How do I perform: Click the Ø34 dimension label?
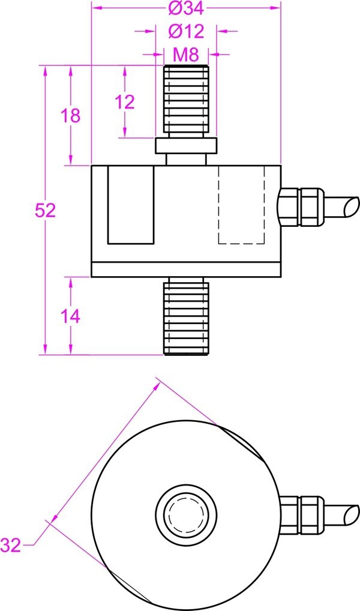(185, 9)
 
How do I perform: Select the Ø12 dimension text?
(185, 31)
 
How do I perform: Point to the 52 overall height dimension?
(45, 210)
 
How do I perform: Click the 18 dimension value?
(71, 115)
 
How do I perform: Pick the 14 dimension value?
(71, 316)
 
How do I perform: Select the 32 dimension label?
(11, 545)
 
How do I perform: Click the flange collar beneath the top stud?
(186, 146)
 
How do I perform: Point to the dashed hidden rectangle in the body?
(241, 205)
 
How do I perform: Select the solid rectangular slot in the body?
(131, 205)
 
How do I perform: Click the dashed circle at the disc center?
(186, 514)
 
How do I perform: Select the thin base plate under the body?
(186, 269)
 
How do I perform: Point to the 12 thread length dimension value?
(125, 102)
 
